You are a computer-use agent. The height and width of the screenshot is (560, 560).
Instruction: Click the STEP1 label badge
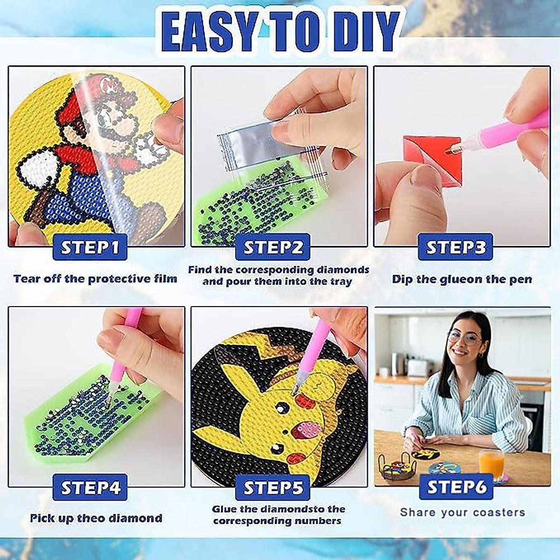[x=90, y=247]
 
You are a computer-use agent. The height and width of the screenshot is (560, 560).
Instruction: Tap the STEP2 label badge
[x=273, y=247]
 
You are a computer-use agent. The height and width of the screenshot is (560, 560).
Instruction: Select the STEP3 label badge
[x=455, y=247]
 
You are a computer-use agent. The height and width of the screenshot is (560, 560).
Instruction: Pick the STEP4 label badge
[x=90, y=488]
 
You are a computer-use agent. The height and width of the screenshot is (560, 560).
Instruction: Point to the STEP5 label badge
[x=273, y=488]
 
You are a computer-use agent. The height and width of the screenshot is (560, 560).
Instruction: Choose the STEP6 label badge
[x=456, y=487]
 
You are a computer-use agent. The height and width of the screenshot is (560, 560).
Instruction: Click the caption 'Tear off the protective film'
[x=95, y=279]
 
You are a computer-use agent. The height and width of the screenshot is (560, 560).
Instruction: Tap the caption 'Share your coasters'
[x=462, y=512]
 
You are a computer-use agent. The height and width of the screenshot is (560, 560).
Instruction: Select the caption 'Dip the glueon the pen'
[x=462, y=280]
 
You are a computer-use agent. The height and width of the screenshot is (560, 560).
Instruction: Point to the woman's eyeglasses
[x=464, y=337]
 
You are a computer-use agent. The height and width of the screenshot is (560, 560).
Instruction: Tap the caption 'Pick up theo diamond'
[x=96, y=518]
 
